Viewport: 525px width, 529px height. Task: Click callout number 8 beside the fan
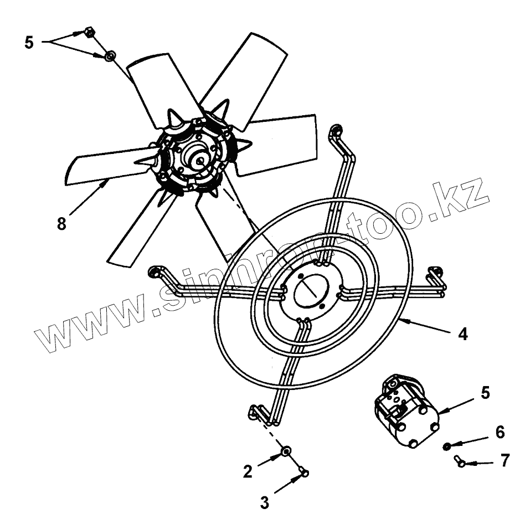61,223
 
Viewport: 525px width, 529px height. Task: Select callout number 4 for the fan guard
462,334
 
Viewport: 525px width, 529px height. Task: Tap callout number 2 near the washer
248,471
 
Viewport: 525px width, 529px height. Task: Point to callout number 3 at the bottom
265,502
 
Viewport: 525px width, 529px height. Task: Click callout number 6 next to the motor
500,432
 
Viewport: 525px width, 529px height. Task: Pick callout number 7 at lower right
505,461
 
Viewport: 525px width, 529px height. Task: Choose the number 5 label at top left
29,42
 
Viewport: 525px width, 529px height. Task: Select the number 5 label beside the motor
485,393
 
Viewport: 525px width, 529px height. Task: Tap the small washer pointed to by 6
446,446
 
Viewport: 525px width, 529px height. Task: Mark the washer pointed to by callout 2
286,452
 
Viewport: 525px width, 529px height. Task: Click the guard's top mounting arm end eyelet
336,131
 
